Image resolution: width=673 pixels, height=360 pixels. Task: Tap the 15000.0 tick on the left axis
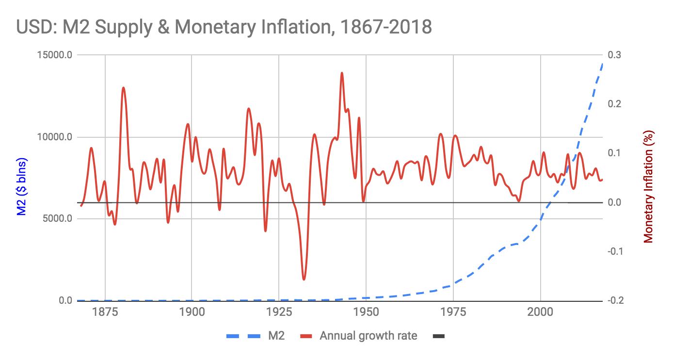tap(55, 55)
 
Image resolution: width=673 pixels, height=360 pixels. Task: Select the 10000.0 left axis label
tap(55, 137)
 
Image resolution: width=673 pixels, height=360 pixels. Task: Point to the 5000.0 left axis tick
tap(57, 219)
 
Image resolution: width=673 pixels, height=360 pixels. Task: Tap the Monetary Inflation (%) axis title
tap(649, 187)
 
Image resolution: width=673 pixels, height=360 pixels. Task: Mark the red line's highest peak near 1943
tap(342, 73)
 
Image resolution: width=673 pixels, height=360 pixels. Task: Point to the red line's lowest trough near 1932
tap(304, 279)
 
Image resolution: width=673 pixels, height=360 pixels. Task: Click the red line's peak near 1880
tap(123, 88)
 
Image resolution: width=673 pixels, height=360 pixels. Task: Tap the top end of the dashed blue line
tap(603, 64)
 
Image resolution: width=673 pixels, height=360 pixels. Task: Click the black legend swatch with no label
tap(437, 336)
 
